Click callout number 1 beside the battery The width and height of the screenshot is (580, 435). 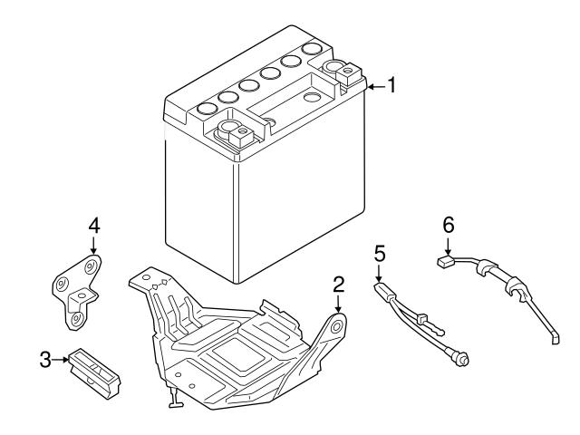pos(391,86)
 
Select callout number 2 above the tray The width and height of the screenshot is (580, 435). pos(338,284)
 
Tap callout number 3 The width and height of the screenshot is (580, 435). pos(45,361)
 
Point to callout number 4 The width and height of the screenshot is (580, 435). pos(94,224)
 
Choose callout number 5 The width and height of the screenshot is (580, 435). pos(380,250)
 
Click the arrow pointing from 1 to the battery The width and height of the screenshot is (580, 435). pos(375,87)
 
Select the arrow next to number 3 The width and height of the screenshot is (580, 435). pos(62,361)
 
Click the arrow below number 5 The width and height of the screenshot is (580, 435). pos(379,273)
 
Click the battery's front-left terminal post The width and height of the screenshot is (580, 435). pos(237,136)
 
